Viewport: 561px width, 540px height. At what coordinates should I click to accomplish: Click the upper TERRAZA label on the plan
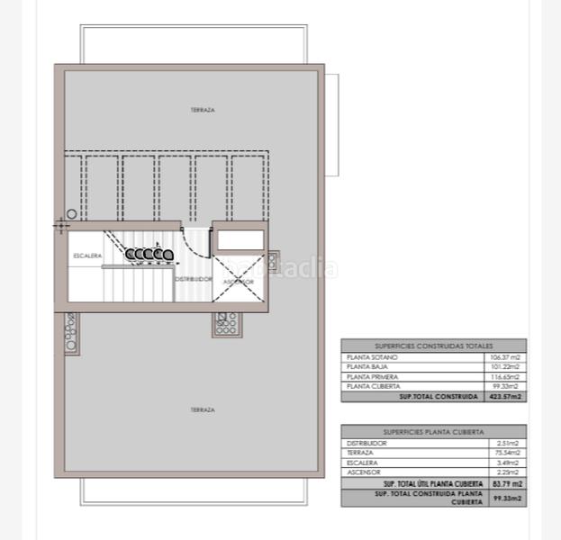pyautogui.click(x=202, y=110)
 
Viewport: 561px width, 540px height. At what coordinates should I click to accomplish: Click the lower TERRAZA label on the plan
pyautogui.click(x=202, y=409)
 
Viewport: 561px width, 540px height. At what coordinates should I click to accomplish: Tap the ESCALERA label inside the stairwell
pyautogui.click(x=87, y=256)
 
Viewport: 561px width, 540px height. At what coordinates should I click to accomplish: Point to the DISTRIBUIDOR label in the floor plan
pyautogui.click(x=193, y=279)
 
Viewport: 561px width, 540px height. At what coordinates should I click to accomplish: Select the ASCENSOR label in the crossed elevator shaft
pyautogui.click(x=239, y=282)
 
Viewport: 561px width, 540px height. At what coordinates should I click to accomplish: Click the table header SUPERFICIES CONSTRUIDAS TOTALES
pyautogui.click(x=433, y=346)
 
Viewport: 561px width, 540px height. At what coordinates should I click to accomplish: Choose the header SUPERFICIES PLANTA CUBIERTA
pyautogui.click(x=433, y=432)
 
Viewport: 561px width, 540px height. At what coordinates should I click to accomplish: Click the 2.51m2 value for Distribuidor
pyautogui.click(x=510, y=444)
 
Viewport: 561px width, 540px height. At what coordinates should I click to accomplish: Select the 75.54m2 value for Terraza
pyautogui.click(x=509, y=453)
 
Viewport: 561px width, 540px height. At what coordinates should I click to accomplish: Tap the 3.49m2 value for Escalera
pyautogui.click(x=510, y=463)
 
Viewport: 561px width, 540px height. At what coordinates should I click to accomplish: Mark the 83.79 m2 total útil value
pyautogui.click(x=508, y=483)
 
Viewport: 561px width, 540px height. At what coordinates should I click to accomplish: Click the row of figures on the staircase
pyautogui.click(x=149, y=255)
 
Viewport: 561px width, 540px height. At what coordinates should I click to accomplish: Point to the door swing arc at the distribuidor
pyautogui.click(x=193, y=243)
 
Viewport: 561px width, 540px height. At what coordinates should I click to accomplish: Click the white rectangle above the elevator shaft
pyautogui.click(x=239, y=239)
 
